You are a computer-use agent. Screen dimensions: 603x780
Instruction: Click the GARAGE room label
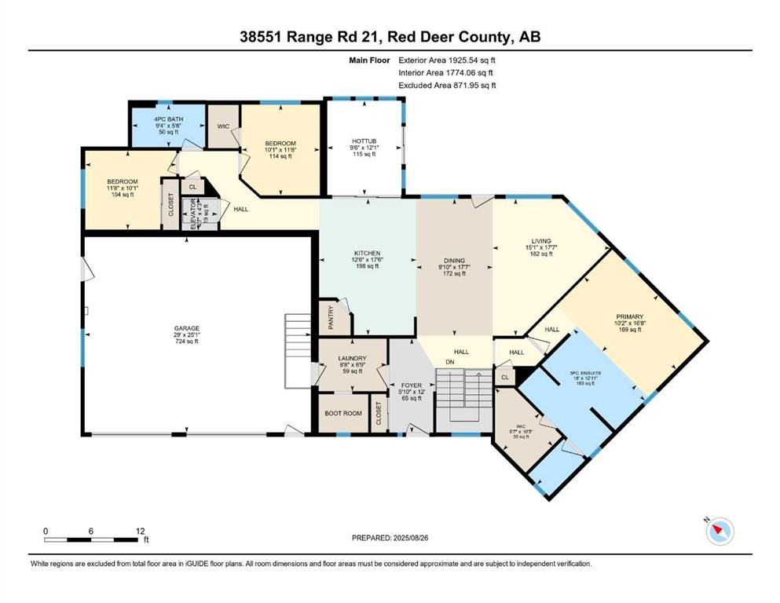(187, 328)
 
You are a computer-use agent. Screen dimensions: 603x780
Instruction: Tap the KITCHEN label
(366, 253)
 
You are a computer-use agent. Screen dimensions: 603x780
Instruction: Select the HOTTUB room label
(364, 141)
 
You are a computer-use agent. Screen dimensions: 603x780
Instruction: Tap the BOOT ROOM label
(342, 413)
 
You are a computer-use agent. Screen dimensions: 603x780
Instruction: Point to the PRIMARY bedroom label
(629, 316)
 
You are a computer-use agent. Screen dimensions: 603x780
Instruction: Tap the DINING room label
(454, 260)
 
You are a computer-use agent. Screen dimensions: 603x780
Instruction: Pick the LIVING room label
(541, 241)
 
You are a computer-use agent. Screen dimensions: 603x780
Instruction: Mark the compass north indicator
(718, 532)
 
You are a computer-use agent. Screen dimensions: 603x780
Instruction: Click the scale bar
(93, 539)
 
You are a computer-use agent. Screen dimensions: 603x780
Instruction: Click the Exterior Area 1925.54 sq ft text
(448, 59)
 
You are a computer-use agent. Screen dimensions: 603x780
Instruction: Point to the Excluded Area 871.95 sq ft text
(448, 86)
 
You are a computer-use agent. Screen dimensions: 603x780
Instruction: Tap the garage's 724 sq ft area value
(187, 342)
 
